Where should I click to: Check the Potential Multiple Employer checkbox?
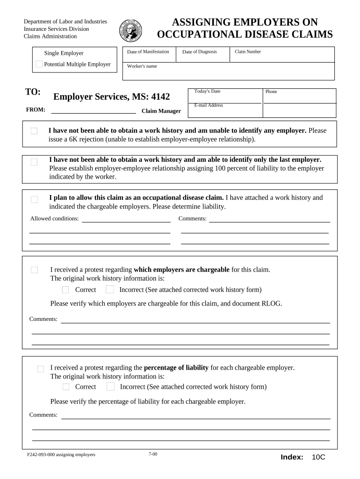point(39,64)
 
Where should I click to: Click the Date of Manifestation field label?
point(148,51)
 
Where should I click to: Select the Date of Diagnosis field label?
point(199,51)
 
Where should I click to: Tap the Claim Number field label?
point(247,51)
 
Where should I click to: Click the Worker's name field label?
point(142,66)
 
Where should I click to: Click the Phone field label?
point(271,92)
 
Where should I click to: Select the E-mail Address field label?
point(209,105)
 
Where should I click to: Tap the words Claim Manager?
point(161,111)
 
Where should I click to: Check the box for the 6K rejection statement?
point(34,131)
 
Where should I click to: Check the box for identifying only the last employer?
point(34,162)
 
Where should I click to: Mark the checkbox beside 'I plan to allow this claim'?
point(34,199)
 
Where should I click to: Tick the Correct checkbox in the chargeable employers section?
point(65,290)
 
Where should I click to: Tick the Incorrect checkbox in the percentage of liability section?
point(110,386)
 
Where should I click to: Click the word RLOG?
point(272,303)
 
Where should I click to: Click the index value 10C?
point(318,457)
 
